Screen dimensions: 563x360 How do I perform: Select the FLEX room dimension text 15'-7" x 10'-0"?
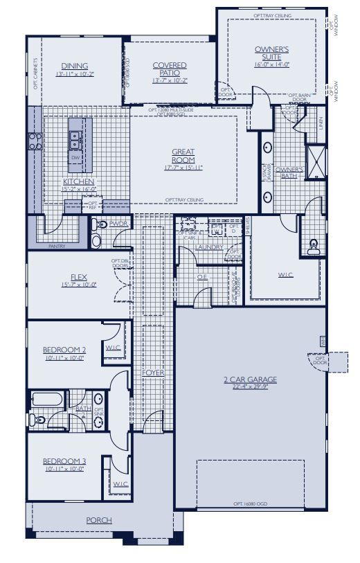click(x=72, y=284)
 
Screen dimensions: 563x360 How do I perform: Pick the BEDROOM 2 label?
click(x=64, y=350)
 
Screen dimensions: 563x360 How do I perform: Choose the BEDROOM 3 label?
click(x=64, y=461)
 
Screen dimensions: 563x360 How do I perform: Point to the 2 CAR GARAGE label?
click(x=251, y=379)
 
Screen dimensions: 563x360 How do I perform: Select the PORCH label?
click(x=99, y=520)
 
